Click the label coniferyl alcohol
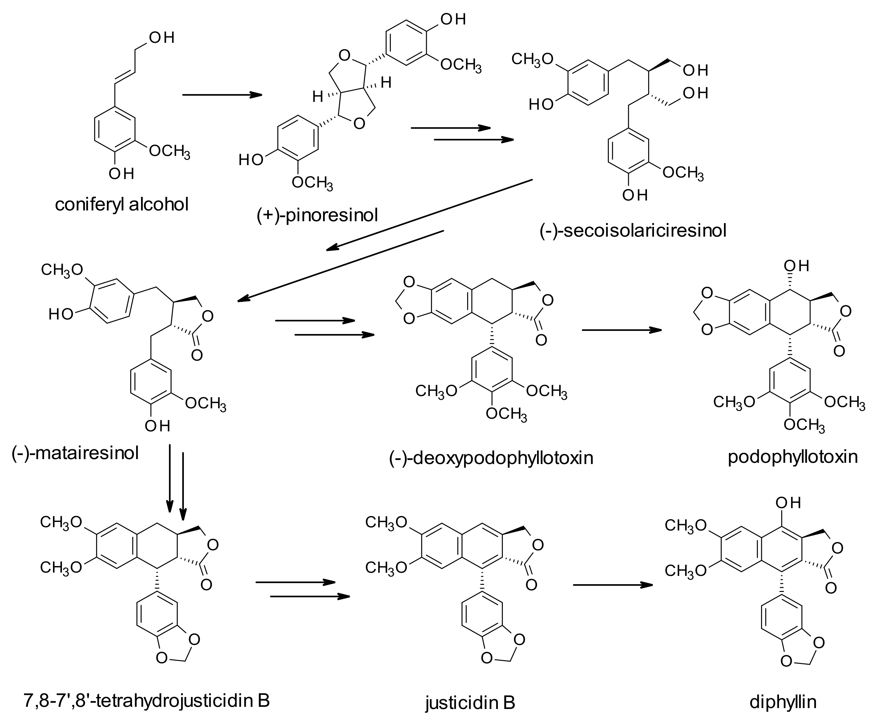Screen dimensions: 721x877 (122, 204)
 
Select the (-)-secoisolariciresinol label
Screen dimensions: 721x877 (633, 230)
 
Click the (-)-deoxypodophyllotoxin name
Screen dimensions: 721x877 (491, 458)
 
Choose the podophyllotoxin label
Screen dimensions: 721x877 (793, 456)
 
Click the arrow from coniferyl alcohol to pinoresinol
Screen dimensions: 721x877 (222, 95)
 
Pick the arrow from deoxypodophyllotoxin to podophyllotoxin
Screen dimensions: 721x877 (621, 330)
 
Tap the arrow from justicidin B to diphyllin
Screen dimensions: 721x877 (612, 585)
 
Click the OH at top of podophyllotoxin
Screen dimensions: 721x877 (796, 266)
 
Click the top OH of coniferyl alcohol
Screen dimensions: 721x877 (162, 38)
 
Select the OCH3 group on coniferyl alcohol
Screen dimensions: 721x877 (169, 152)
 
